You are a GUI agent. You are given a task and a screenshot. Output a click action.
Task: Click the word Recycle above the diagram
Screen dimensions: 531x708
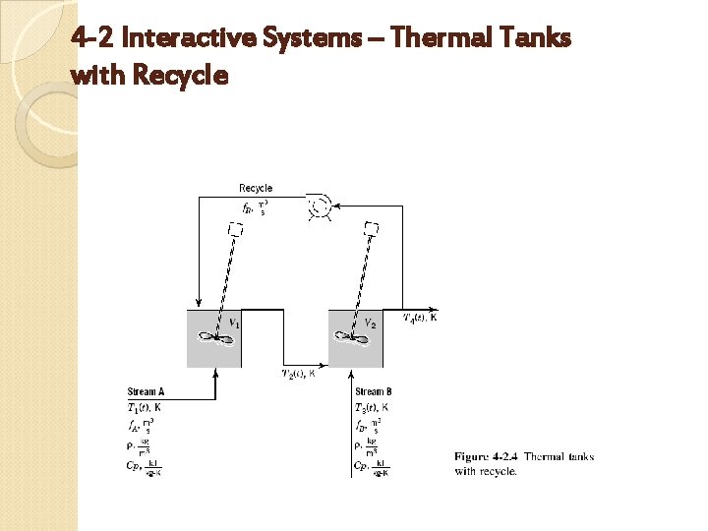pos(256,188)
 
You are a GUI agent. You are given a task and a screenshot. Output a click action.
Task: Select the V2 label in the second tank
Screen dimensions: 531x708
pos(370,324)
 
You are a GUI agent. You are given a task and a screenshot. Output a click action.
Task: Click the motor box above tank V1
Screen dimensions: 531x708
pos(236,229)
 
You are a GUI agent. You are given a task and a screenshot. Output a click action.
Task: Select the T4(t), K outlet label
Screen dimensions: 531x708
pos(420,317)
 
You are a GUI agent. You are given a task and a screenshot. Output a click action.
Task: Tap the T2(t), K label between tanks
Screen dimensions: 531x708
pos(299,374)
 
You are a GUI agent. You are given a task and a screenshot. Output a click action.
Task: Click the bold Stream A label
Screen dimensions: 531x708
pos(147,392)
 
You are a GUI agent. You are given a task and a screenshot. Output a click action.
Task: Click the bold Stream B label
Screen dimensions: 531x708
pos(374,392)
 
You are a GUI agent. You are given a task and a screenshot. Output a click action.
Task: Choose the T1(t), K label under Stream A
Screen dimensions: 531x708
pos(147,407)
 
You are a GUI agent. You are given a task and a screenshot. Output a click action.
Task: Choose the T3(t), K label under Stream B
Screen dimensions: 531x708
pos(372,407)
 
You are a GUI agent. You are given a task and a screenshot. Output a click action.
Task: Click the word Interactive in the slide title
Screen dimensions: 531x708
pos(187,39)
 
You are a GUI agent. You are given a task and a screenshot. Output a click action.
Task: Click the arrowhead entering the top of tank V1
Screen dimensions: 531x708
pos(199,304)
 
